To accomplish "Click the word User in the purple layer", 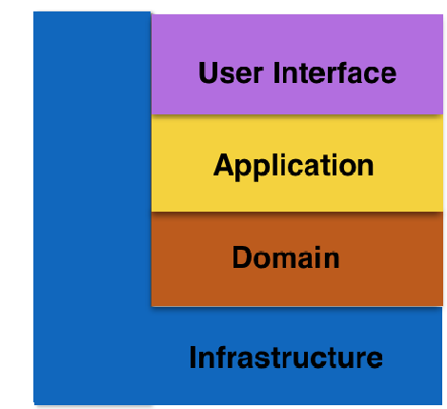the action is point(231,72).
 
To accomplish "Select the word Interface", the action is point(335,72).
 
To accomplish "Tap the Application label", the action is point(294,166).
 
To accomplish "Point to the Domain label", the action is point(286,257).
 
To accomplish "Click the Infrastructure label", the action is point(286,358).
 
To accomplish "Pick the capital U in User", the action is point(209,73).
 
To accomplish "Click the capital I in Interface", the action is point(276,72).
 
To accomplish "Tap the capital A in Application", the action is point(224,165).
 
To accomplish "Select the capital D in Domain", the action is point(243,257).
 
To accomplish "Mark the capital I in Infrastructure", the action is point(193,358).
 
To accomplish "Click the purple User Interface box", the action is point(297,64).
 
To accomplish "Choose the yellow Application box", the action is point(297,163).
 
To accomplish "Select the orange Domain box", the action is point(297,259).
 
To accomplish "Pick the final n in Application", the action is point(366,168).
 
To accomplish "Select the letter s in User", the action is point(230,76).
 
